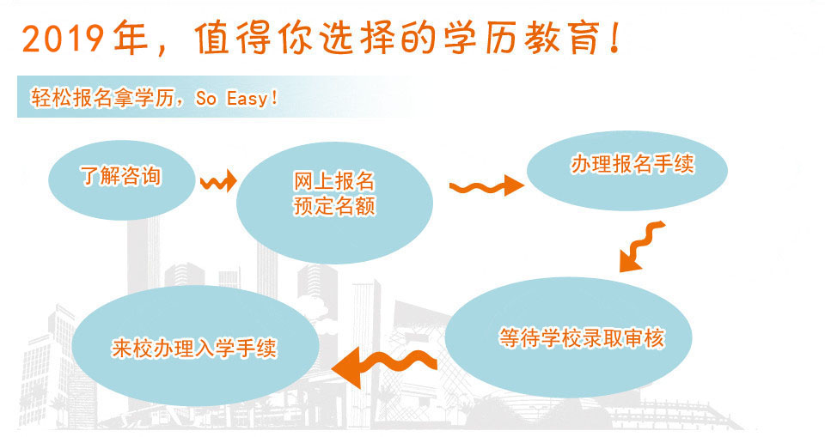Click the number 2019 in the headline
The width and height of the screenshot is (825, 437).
coord(63,39)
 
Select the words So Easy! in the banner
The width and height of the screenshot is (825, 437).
coord(236,99)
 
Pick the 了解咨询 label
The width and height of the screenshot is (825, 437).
coord(120,176)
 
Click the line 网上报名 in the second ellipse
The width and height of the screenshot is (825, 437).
coord(334,181)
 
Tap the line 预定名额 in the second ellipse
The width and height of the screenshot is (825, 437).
coord(334,205)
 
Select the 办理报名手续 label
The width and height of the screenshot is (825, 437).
coord(632,164)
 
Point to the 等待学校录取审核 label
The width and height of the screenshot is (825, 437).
coord(582,337)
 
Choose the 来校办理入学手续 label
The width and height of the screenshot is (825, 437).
coord(194,348)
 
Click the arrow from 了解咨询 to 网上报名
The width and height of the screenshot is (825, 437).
coord(218,181)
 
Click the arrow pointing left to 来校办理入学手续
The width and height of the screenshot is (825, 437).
coord(384,364)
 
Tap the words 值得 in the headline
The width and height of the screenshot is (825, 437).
coord(233,38)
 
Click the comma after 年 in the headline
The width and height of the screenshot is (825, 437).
coord(162,49)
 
